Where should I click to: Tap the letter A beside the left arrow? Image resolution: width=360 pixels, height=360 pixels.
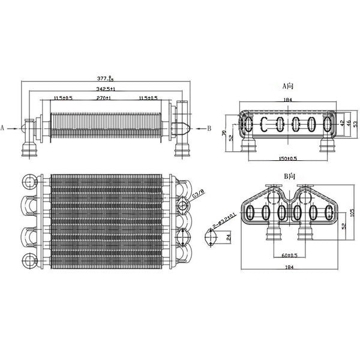pos(4,128)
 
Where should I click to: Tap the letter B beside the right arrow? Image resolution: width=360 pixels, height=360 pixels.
pos(209,128)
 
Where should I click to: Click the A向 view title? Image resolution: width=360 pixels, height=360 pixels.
pos(289,85)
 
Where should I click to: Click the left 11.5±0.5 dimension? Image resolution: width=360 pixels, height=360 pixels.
pos(63,97)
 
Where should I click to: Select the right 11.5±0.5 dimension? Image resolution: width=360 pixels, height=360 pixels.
pos(147,97)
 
